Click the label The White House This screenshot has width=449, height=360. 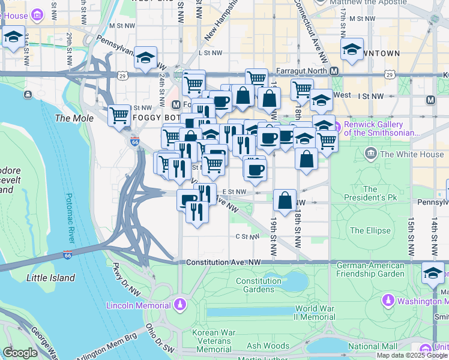click(412, 154)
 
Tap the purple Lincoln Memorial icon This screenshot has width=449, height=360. click(179, 305)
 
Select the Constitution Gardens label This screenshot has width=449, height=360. click(259, 285)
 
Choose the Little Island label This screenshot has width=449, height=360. click(50, 278)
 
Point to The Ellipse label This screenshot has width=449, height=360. click(370, 230)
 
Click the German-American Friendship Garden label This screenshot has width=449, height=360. click(370, 269)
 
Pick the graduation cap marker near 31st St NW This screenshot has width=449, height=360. click(13, 37)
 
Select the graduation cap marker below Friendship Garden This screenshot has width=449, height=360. click(433, 273)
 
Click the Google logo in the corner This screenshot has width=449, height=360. click(20, 353)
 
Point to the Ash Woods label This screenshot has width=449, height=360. click(268, 346)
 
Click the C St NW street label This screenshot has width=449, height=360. click(247, 237)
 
